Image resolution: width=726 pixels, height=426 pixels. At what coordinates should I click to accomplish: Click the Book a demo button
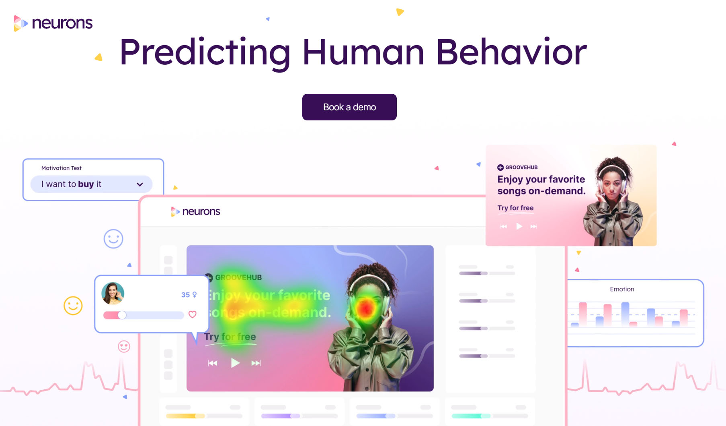[x=349, y=107]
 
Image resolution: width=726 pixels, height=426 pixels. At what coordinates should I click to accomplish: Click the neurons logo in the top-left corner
[x=53, y=23]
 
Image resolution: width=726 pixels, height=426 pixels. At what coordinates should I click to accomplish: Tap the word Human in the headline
[x=363, y=52]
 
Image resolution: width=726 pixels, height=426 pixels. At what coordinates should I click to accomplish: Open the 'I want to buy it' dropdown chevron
[x=140, y=184]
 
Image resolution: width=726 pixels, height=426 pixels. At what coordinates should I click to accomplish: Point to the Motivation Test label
[x=62, y=168]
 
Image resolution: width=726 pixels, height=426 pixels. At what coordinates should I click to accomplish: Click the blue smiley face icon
[x=113, y=239]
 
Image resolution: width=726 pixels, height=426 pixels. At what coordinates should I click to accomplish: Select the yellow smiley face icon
[x=73, y=306]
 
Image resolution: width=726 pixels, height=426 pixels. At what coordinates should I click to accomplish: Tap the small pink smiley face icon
[x=124, y=346]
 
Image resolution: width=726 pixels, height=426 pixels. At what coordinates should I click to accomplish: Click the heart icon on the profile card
[x=193, y=314]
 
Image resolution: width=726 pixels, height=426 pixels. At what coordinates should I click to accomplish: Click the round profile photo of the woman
[x=113, y=293]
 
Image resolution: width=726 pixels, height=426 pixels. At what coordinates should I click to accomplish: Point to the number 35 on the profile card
[x=185, y=295]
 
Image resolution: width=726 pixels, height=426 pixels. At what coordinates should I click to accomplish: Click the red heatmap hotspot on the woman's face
[x=366, y=308]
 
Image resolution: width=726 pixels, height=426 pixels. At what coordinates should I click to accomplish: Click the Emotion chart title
[x=622, y=289]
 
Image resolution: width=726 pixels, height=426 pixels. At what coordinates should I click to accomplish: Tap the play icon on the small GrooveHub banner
[x=519, y=226]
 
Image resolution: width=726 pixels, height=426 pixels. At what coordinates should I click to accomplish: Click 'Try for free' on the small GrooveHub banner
[x=515, y=208]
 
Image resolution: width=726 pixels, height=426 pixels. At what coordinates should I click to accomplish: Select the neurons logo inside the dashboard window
[x=195, y=211]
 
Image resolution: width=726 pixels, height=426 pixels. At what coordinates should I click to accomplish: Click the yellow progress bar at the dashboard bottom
[x=185, y=416]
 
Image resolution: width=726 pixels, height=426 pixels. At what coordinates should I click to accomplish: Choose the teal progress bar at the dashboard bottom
[x=471, y=416]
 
